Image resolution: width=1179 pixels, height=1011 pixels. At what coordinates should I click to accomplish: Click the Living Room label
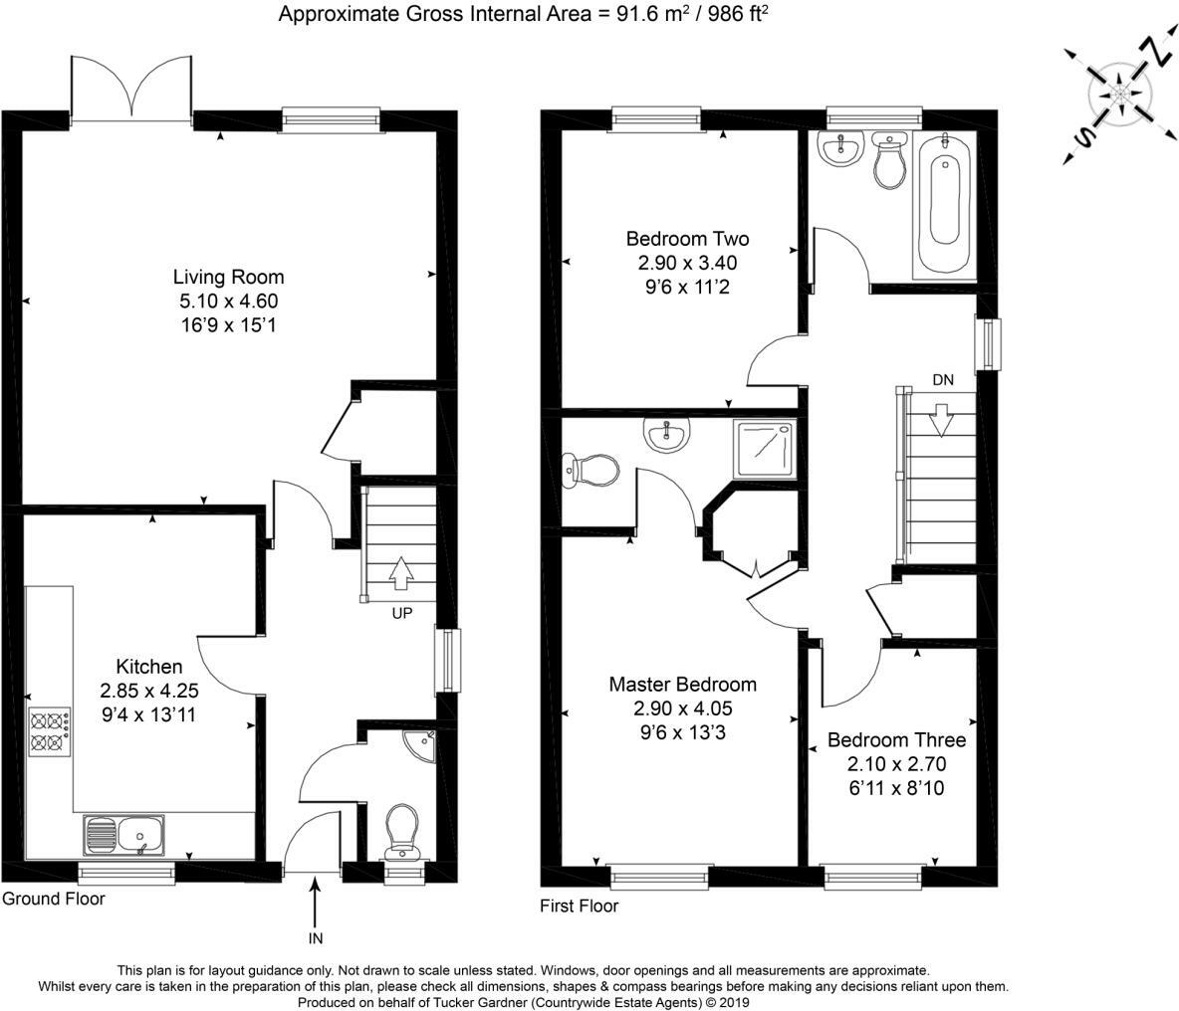(x=229, y=278)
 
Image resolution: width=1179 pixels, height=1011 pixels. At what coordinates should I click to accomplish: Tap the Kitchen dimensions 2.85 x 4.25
(x=149, y=691)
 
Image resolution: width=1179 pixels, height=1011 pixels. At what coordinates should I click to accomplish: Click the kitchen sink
(x=124, y=835)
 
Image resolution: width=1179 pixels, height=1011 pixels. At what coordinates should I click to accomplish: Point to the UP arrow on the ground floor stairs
(x=401, y=573)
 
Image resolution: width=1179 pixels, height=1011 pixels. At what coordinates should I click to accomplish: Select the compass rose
(x=1119, y=96)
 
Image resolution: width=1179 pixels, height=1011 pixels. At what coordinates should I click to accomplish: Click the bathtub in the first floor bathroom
(x=944, y=204)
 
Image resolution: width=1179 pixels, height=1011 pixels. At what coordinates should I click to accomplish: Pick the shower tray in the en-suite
(x=765, y=449)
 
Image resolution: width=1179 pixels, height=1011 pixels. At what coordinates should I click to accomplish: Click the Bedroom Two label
(x=687, y=239)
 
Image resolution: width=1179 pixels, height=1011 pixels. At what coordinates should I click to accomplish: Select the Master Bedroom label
(x=683, y=685)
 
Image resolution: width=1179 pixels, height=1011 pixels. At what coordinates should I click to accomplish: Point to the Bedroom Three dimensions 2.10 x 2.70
(x=895, y=764)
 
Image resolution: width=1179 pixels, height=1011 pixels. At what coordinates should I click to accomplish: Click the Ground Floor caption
(x=54, y=899)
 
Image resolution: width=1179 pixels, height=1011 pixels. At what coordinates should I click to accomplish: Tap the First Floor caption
(x=579, y=906)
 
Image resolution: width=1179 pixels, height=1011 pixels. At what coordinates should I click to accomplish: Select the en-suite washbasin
(x=667, y=435)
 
